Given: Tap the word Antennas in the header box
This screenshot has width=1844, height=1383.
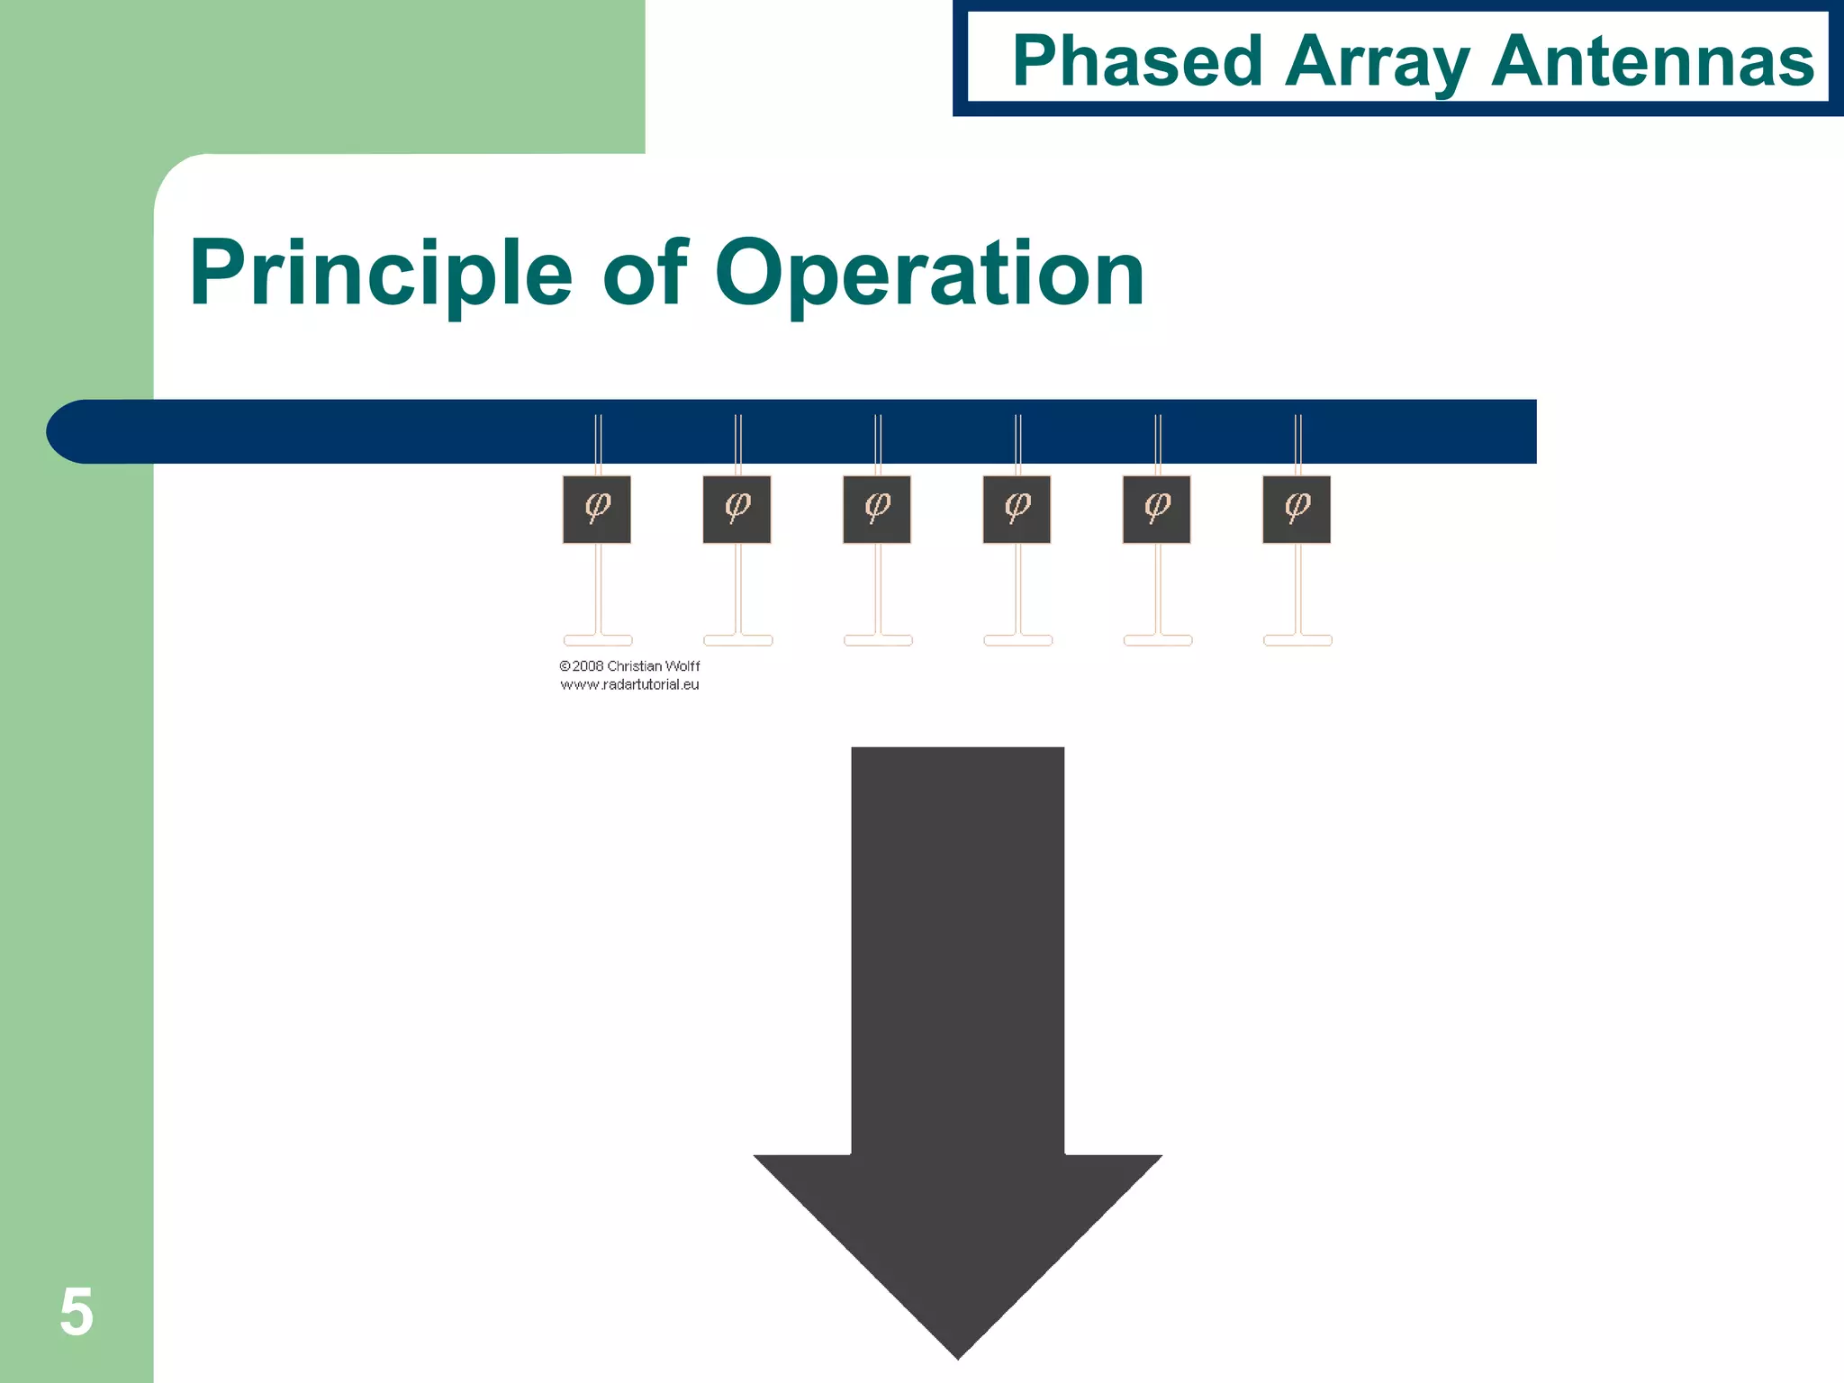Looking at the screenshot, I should point(1652,60).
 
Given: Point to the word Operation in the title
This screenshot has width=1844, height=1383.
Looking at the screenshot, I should point(929,273).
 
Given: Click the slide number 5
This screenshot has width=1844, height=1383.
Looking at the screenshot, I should point(77,1312).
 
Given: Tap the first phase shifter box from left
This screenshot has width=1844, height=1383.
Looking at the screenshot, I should point(597,510).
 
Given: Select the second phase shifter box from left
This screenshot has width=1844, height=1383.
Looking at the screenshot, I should point(737,510).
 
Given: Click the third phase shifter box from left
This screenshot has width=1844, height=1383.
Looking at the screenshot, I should point(877,510).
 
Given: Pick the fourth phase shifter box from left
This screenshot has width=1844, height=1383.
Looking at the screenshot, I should point(1017,510).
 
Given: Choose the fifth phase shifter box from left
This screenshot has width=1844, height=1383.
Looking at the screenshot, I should point(1157,510).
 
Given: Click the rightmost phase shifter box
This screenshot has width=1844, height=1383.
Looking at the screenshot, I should point(1297,510).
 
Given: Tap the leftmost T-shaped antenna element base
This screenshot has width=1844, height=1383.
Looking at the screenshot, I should point(598,640).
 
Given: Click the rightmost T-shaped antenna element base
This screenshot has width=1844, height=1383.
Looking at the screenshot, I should point(1297,640).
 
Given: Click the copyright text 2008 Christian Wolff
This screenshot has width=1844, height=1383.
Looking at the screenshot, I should point(629,666).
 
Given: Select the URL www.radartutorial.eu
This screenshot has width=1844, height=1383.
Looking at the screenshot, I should point(629,684).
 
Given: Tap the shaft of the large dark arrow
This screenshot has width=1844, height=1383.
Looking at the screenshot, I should point(958,945).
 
